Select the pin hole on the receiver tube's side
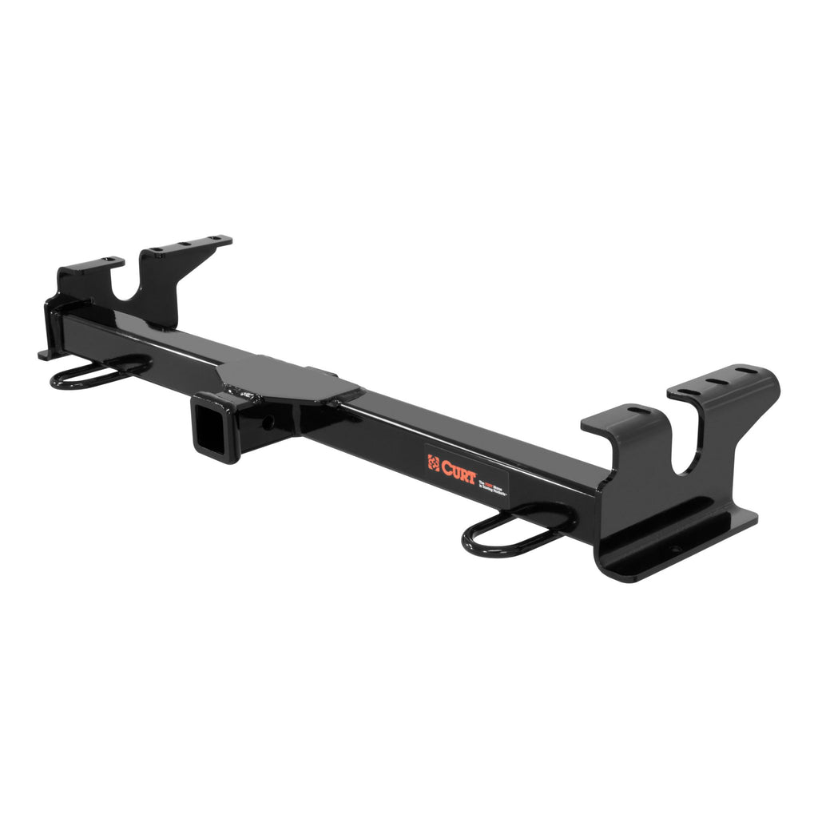click(x=268, y=421)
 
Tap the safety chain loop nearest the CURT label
click(x=511, y=534)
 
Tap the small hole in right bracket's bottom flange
click(x=673, y=550)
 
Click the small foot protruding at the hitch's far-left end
click(x=45, y=354)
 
